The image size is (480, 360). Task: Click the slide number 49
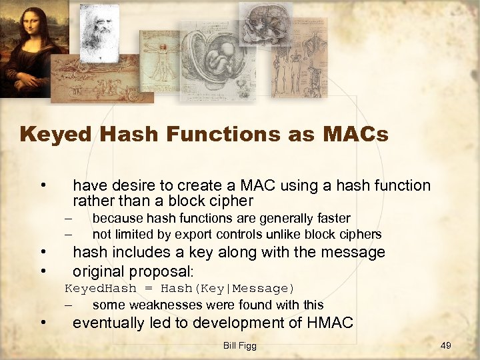coord(446,345)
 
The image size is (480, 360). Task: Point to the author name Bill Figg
coord(240,345)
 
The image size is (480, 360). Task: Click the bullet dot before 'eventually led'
coord(43,323)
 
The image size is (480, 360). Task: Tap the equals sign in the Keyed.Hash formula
coord(147,288)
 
